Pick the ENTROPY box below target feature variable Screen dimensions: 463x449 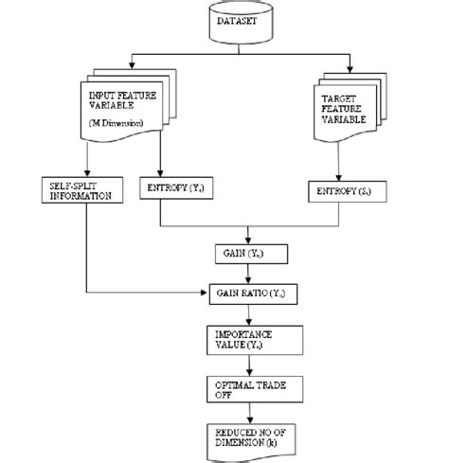click(345, 193)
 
